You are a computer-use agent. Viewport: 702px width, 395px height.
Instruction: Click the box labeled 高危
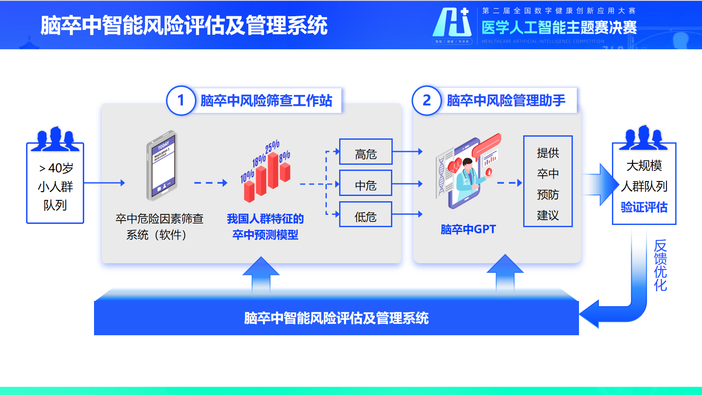click(365, 152)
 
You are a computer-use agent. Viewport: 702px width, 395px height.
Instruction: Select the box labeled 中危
click(365, 183)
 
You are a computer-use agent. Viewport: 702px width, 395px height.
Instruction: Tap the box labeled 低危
click(365, 214)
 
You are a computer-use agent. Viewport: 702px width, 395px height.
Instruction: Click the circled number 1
click(181, 101)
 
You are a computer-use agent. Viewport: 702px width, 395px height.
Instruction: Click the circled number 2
click(426, 101)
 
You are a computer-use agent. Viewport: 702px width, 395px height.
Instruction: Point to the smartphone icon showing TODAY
click(162, 166)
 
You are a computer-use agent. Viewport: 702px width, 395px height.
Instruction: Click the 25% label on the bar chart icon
click(272, 146)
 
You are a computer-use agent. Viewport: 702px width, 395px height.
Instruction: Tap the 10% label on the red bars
click(247, 176)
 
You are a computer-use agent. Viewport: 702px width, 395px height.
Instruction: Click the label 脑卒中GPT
click(468, 229)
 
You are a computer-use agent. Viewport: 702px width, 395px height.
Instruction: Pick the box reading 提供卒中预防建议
click(548, 181)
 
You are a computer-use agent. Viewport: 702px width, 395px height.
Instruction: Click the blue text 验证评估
click(644, 207)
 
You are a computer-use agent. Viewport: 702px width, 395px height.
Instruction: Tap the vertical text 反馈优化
click(660, 265)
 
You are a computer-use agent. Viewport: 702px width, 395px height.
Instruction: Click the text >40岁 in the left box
click(56, 168)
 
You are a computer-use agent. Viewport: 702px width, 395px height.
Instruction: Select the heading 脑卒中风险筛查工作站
click(266, 101)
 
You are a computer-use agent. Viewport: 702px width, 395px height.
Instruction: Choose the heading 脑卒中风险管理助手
click(506, 101)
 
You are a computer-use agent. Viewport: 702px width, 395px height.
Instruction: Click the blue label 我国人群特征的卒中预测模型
click(265, 227)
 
